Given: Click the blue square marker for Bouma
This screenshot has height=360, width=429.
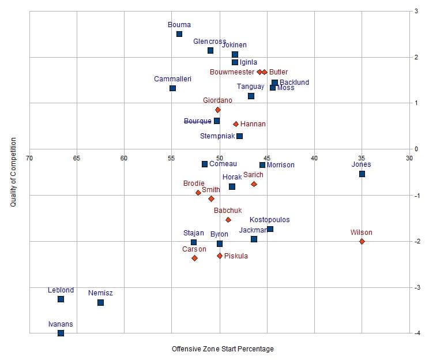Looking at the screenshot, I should (179, 34).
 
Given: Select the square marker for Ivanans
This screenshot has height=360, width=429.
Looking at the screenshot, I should (61, 333).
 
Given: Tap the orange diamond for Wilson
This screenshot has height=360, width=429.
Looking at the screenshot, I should (362, 241).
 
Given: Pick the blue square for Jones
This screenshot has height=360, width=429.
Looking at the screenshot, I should (362, 174).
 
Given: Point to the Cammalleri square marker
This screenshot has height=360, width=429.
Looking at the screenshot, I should (172, 88).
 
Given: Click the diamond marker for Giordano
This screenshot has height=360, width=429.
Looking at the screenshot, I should (217, 110).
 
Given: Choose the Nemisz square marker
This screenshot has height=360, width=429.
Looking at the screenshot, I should (100, 302).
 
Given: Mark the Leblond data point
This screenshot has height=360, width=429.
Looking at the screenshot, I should (61, 299).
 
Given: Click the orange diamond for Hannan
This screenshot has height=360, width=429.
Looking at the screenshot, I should (236, 124).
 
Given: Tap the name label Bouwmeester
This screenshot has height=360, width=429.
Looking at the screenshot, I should (232, 72).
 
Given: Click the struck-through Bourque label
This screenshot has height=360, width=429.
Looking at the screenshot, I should (197, 121).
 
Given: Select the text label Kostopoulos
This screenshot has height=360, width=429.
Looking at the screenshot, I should (269, 220).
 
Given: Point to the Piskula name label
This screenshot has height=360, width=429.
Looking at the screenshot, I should (236, 256).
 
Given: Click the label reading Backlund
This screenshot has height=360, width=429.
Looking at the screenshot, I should (294, 82).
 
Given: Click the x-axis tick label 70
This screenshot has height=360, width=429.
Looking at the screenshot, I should (29, 157).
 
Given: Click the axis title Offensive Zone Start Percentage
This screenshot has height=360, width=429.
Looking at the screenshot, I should (223, 349).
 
